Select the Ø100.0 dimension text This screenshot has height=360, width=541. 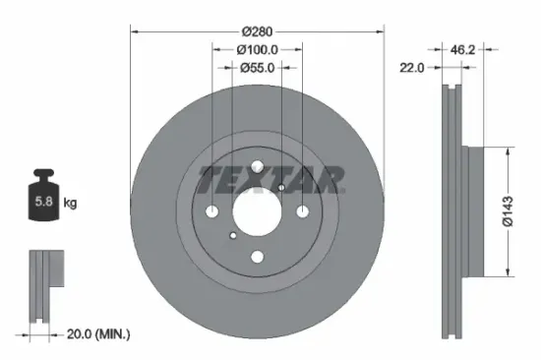point(257,49)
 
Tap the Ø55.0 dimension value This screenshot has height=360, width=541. point(257,68)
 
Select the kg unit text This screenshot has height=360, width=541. point(70,204)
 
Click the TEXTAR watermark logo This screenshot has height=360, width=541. point(272,178)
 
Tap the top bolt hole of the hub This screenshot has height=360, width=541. point(257,167)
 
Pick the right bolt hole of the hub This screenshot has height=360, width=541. point(300,210)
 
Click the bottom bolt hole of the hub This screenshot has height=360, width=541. point(257,257)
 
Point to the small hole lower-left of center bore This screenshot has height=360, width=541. point(231,235)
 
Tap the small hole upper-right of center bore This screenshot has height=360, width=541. point(281,187)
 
